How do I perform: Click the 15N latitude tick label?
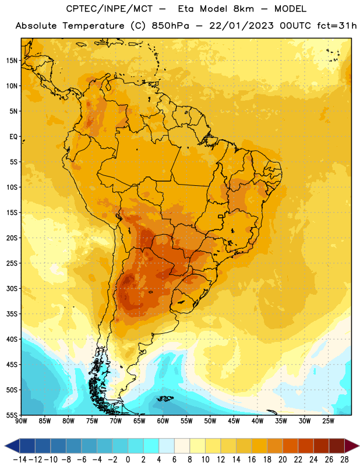(x=12, y=61)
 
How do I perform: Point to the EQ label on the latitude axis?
(x=13, y=137)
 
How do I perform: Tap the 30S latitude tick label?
(x=12, y=288)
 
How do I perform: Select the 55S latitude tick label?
(x=12, y=415)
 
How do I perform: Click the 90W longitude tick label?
(x=21, y=421)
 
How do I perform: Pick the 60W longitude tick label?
(x=163, y=421)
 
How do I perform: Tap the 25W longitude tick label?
(x=328, y=421)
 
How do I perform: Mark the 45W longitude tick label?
(x=234, y=421)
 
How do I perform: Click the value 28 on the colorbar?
(x=344, y=460)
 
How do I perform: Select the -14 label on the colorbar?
(x=20, y=460)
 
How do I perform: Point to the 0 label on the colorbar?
(x=128, y=460)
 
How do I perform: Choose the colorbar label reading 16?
(x=252, y=460)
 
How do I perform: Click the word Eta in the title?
(x=186, y=9)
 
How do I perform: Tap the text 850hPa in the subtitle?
(x=170, y=26)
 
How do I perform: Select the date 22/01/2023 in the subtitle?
(x=241, y=26)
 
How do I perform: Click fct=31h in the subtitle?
(x=337, y=26)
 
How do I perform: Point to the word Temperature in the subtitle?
(x=93, y=26)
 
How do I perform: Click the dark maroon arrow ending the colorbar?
(x=352, y=446)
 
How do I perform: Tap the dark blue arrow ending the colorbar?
(x=12, y=446)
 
